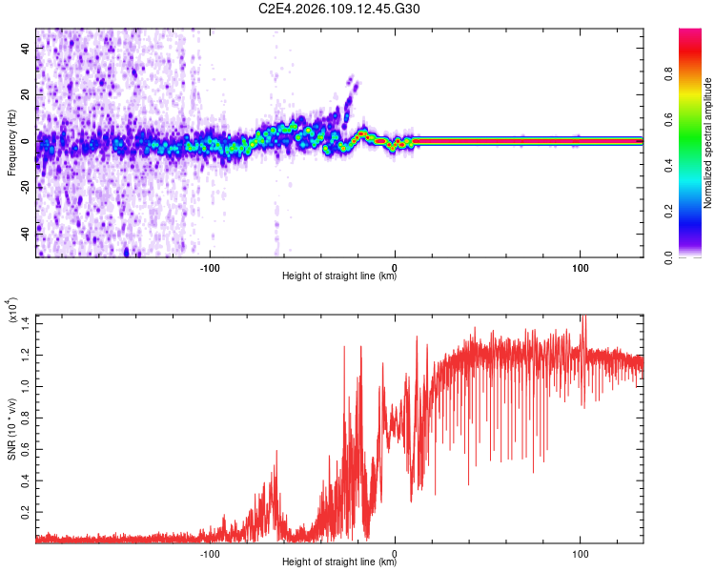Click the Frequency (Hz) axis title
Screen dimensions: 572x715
11,143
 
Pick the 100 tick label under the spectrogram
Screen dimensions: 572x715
581,267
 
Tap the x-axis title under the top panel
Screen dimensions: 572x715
339,277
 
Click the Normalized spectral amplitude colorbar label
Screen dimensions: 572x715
708,143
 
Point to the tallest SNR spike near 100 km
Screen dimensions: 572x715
584,318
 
